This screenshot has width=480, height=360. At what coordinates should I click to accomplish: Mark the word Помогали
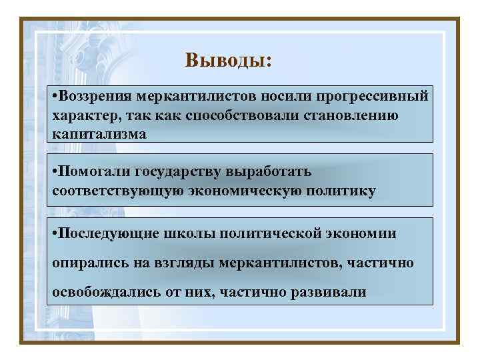(x=93, y=172)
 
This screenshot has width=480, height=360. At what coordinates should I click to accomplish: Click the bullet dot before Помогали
(x=54, y=172)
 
